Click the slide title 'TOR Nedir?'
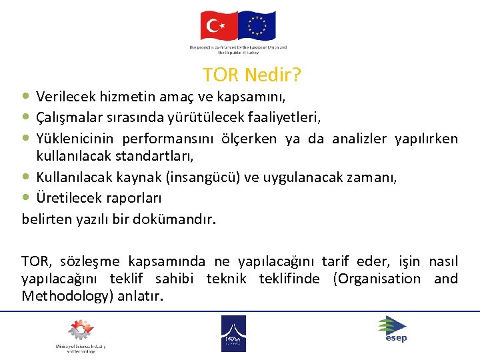click(x=252, y=74)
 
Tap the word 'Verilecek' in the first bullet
click(x=64, y=97)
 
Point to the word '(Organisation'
click(x=377, y=279)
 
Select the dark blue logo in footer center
click(x=233, y=333)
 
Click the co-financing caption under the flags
click(x=238, y=50)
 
